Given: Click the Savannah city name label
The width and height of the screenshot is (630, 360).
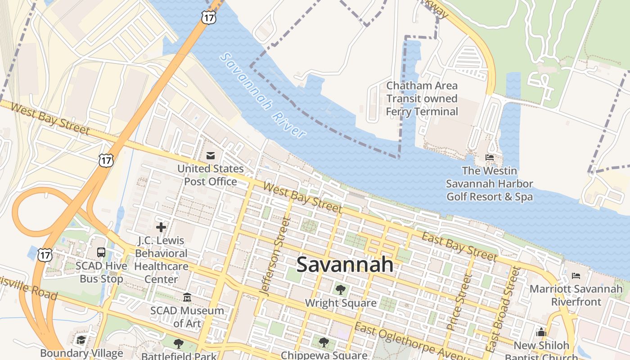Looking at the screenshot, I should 345,265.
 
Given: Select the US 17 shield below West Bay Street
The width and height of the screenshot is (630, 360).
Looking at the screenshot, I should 106,160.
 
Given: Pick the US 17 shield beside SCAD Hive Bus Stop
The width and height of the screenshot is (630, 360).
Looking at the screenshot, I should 45,255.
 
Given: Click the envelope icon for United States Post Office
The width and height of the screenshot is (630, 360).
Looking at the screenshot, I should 210,156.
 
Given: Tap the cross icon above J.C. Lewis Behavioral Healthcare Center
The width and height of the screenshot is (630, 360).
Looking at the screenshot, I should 161,227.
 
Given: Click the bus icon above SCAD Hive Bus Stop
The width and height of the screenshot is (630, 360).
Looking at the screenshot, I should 101,252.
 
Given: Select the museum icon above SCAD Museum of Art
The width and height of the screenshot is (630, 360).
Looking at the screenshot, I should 187,297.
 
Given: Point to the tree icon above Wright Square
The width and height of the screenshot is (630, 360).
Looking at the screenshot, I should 341,290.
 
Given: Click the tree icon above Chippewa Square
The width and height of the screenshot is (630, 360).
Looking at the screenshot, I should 324,342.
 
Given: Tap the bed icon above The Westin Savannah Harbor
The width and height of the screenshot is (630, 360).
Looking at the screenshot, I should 490,157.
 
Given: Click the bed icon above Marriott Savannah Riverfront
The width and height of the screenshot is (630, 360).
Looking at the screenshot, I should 576,275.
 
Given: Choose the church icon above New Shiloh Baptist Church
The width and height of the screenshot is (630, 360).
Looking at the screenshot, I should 541,333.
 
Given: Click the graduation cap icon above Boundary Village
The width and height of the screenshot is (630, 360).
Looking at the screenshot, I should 81,340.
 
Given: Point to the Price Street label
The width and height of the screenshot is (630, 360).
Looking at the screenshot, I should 458,302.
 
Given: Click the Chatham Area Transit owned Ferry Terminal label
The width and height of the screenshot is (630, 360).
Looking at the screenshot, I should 422,99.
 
